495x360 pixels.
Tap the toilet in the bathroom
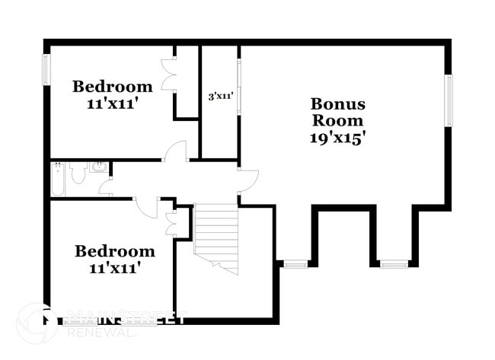point(77,174)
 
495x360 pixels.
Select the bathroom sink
point(97,167)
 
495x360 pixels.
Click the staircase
point(216,237)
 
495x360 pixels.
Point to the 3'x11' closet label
point(220,97)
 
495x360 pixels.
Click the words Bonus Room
point(337,112)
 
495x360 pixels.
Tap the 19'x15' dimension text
point(337,138)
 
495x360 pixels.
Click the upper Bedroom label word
point(112,86)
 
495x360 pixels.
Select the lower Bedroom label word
point(114,251)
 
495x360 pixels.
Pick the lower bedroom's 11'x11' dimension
point(114,267)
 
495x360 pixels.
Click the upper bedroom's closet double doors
point(169,76)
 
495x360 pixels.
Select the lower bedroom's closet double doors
point(171,221)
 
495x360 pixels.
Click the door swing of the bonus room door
point(248,180)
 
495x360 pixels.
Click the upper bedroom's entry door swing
point(177,151)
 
